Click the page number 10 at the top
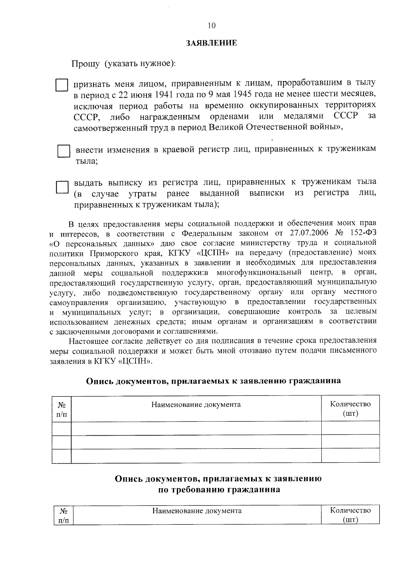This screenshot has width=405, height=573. pos(212,26)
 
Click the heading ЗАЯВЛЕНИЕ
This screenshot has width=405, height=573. pos(212,43)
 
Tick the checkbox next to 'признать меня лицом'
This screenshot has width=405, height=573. pos(62,85)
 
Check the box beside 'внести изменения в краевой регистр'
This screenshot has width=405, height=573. pos(63,151)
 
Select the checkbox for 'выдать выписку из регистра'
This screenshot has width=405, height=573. pos(62,187)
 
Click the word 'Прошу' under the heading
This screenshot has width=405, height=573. pos(85,63)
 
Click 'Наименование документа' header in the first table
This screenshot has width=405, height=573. pos(196,404)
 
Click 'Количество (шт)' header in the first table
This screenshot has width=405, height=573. pos(350,408)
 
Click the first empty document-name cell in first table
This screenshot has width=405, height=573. pos(196,428)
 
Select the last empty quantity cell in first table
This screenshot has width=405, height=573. pos(350,456)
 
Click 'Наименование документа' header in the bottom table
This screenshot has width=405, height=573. pos(197,511)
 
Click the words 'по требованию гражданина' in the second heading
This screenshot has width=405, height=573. pos(219,490)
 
